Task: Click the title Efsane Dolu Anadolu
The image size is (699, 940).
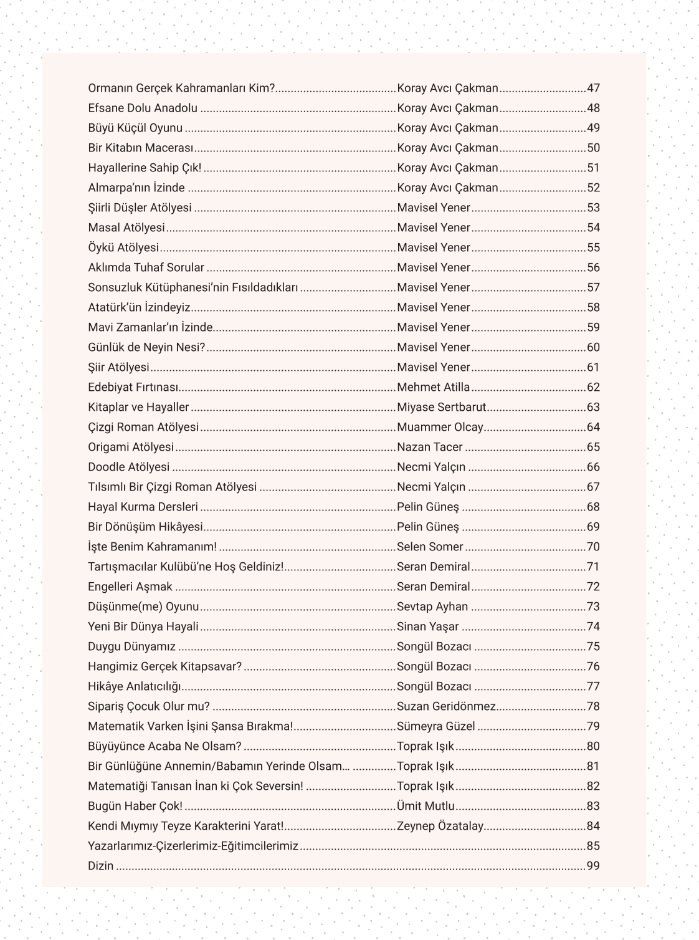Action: click(143, 108)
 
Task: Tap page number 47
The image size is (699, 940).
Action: click(593, 88)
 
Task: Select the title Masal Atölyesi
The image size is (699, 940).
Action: click(126, 228)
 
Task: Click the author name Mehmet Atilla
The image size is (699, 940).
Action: click(434, 387)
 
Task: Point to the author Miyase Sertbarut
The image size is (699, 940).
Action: click(442, 407)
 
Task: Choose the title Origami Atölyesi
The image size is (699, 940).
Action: click(131, 447)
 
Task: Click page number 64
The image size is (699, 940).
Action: click(593, 427)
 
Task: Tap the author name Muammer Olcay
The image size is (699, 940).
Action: click(440, 427)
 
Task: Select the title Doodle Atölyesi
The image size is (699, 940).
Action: click(129, 467)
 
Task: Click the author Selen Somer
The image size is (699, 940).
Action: click(430, 547)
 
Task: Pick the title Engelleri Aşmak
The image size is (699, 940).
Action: click(130, 587)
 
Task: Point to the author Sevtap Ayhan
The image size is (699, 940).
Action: click(432, 607)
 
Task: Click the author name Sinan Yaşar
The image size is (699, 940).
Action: click(428, 626)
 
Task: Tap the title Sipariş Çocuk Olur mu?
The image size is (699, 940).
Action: click(149, 706)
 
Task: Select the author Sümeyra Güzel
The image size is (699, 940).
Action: click(436, 726)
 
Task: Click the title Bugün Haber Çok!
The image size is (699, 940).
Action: click(135, 806)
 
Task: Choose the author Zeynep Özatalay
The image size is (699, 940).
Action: click(440, 826)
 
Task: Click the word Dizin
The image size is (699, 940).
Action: click(101, 866)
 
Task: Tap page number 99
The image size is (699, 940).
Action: click(593, 866)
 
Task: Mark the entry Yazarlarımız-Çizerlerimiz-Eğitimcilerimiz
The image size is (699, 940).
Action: click(193, 846)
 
